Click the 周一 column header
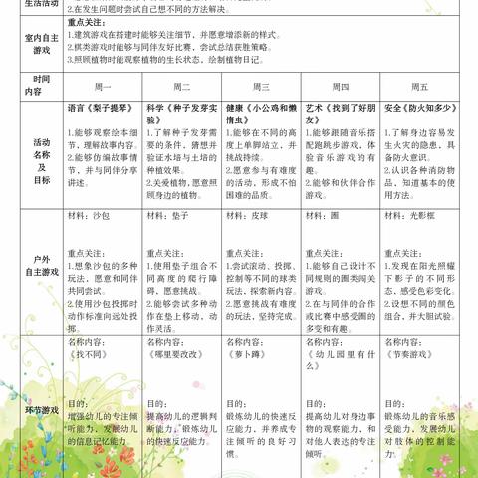click(x=107, y=87)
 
